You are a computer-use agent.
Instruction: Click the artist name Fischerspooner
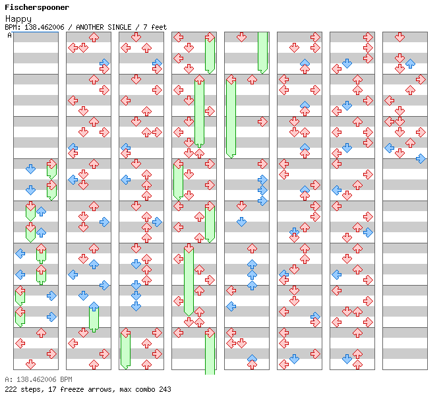[x=37, y=8]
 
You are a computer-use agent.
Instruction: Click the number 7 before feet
[x=146, y=27]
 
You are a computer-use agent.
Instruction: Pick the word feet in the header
[x=159, y=27]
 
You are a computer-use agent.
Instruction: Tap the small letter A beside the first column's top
[x=10, y=36]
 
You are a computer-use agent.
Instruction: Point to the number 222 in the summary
[x=11, y=389]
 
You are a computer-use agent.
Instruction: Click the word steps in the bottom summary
[x=30, y=389]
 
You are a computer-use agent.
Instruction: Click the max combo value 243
[x=165, y=389]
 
